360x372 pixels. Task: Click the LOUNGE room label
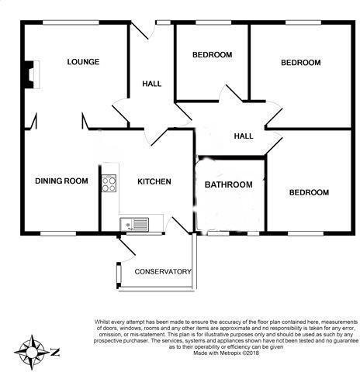click(83, 61)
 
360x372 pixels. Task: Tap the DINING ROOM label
click(61, 181)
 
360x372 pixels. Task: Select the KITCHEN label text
click(154, 181)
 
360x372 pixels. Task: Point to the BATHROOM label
click(228, 184)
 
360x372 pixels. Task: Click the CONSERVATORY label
click(163, 271)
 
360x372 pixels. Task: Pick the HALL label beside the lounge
click(151, 83)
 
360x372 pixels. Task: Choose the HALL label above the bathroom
click(244, 136)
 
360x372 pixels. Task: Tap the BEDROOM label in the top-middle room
click(212, 54)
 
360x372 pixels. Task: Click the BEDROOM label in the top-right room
click(300, 62)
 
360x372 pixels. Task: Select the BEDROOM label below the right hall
click(308, 192)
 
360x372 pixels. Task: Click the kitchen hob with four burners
click(109, 184)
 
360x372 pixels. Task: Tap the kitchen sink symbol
click(136, 225)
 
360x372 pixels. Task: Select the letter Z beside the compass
click(55, 353)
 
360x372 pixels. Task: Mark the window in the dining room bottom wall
click(57, 232)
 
